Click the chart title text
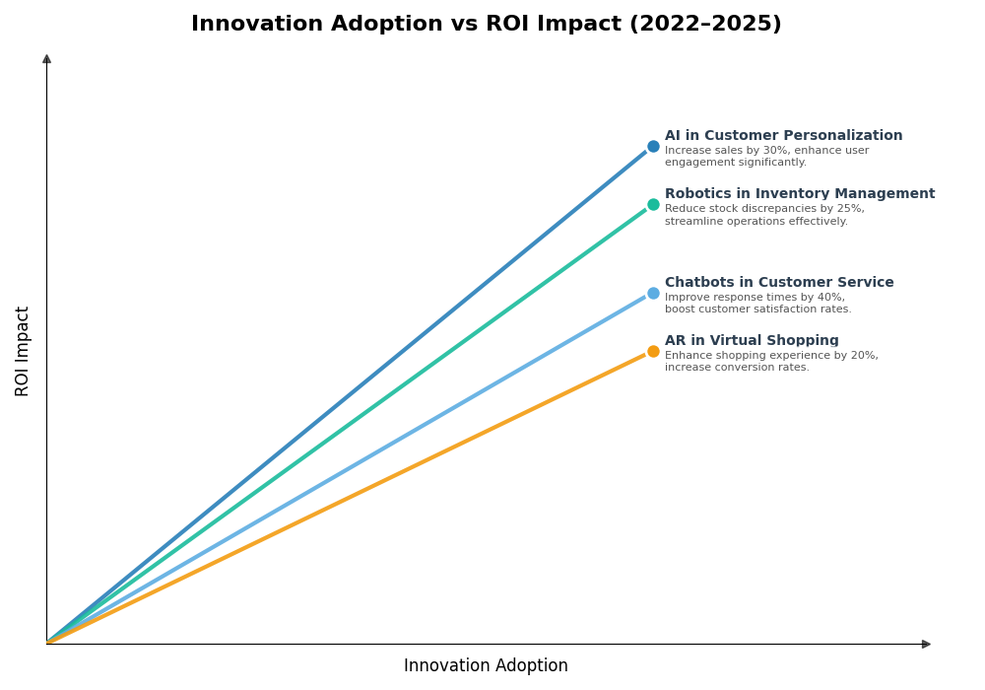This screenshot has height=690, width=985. [486, 25]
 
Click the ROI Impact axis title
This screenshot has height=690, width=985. [23, 351]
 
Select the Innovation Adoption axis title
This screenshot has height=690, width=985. [486, 666]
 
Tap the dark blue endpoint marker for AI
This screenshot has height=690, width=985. [653, 147]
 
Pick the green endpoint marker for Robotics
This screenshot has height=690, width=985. [653, 205]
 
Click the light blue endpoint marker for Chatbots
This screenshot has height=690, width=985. [653, 293]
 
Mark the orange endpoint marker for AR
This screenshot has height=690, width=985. [653, 352]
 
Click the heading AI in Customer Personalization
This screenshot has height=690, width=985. [783, 136]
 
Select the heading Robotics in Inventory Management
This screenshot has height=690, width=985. [799, 194]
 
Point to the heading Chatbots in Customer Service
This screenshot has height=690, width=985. [779, 283]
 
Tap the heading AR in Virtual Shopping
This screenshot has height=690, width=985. [752, 341]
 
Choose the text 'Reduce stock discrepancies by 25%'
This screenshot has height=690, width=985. [764, 209]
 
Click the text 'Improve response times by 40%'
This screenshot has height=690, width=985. [755, 298]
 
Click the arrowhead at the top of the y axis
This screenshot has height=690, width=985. [46, 59]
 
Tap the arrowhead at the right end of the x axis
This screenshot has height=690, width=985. [926, 644]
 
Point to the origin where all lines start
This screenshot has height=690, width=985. [47, 643]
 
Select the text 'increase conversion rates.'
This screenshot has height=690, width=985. [737, 368]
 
